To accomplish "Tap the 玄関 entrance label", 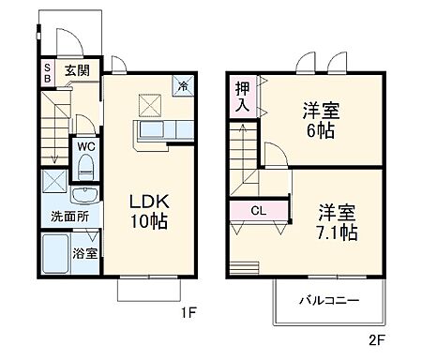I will (x=76, y=69).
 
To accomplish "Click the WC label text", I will (x=84, y=146).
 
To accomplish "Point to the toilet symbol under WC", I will (x=86, y=167).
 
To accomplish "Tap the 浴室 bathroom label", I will (x=85, y=253).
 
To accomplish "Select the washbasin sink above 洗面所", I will (x=86, y=194).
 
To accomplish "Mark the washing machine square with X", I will (x=54, y=184).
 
